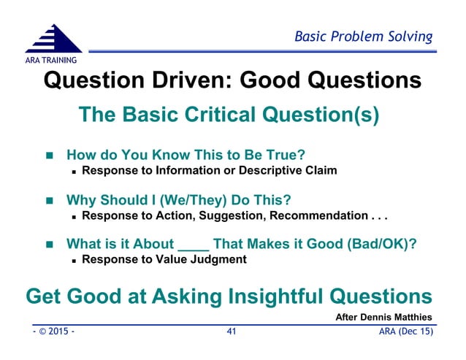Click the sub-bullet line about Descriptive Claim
[x=210, y=172]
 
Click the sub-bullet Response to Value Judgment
[x=164, y=259]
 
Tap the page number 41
[x=232, y=332]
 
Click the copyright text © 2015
[x=53, y=332]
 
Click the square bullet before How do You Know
[x=50, y=156]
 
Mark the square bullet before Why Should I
[x=50, y=200]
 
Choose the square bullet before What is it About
[x=50, y=244]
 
